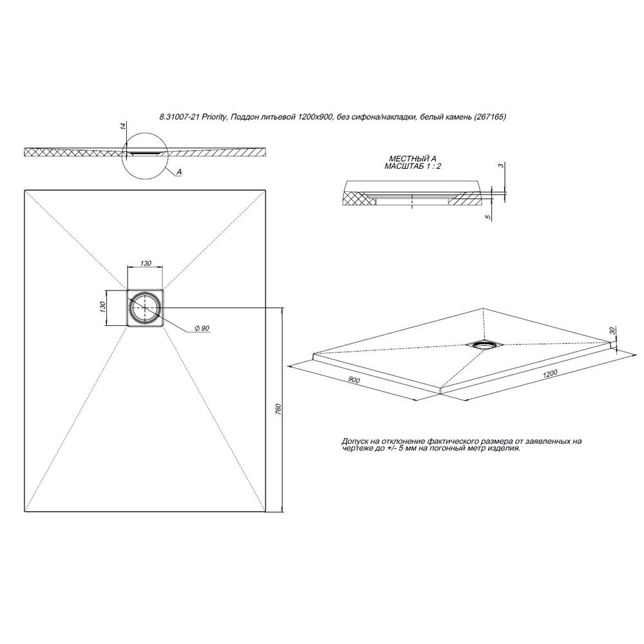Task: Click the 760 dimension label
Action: point(278,410)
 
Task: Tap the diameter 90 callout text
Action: point(202,328)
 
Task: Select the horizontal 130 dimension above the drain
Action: point(146,263)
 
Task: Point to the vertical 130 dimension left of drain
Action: point(103,307)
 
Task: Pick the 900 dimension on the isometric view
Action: point(354,380)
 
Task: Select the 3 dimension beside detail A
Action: point(500,165)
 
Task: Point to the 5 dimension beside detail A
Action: point(488,216)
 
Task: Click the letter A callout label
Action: point(179,173)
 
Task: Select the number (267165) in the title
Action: point(489,117)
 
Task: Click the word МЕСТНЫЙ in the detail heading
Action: point(404,159)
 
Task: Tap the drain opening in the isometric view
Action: point(485,345)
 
